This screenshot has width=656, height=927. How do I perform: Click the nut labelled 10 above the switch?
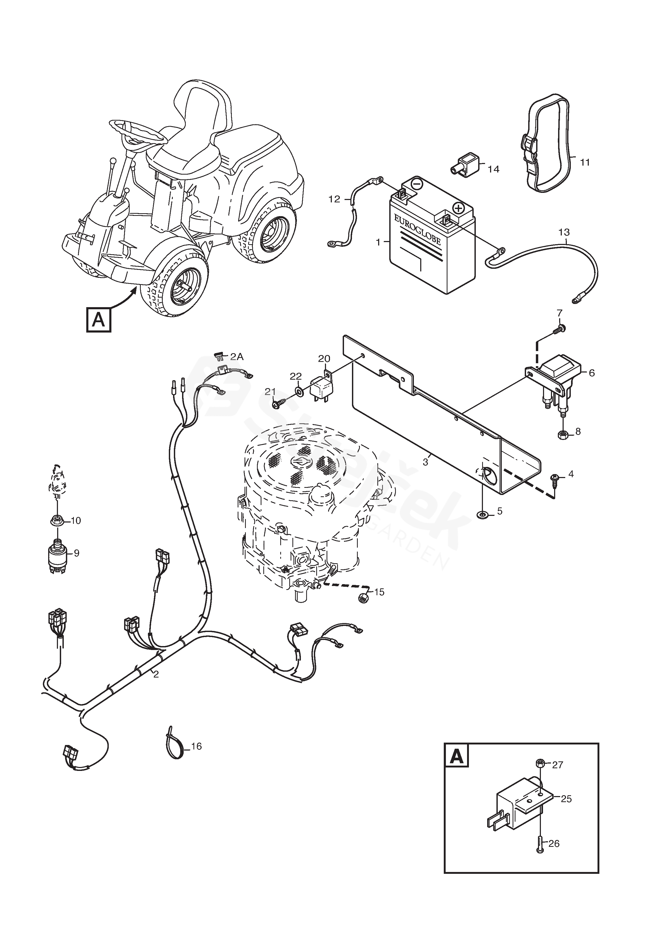57,520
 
